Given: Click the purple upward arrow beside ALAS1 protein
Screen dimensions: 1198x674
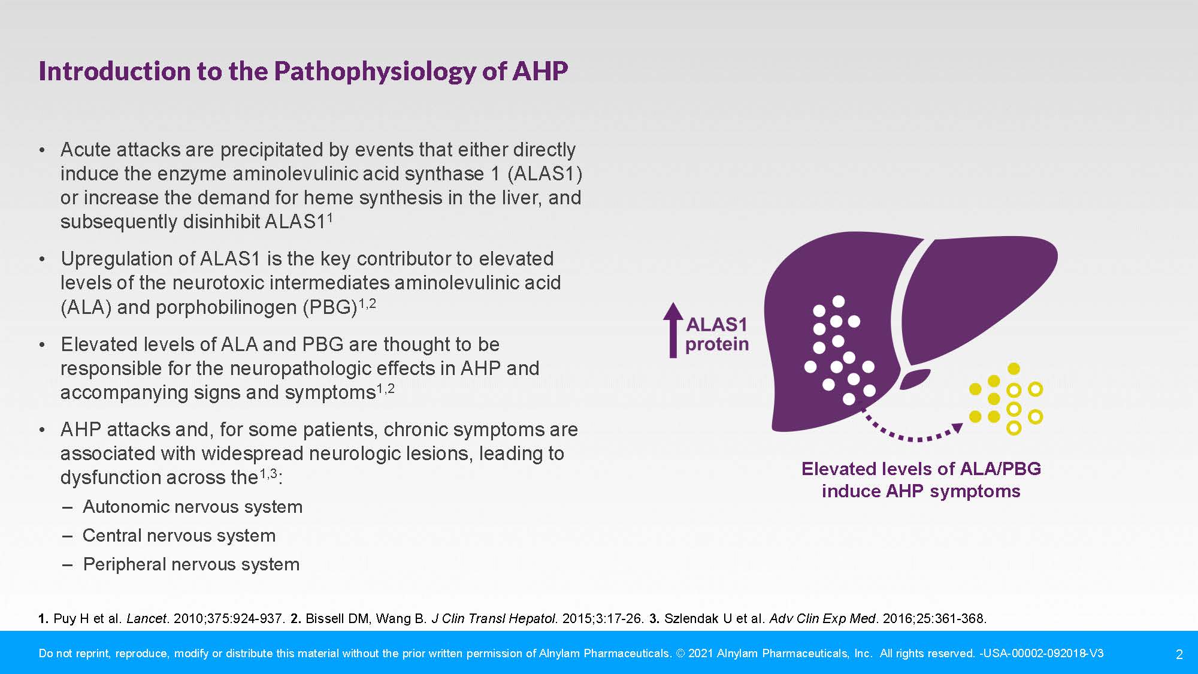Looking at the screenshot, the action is [673, 330].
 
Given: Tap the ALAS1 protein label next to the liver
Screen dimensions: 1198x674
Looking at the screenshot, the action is [717, 334].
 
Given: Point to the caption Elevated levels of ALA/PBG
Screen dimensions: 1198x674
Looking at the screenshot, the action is [921, 469].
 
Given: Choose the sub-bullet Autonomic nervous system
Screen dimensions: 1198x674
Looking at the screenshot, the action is [192, 507].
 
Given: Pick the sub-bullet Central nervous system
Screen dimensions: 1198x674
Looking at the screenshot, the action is [179, 536].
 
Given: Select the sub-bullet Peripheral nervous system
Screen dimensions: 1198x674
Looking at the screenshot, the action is [191, 564].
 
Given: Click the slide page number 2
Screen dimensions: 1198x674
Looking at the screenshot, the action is [1179, 654].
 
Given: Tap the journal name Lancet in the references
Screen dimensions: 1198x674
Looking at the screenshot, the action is [146, 618].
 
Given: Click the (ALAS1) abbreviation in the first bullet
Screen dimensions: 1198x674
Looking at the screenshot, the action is [545, 174].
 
